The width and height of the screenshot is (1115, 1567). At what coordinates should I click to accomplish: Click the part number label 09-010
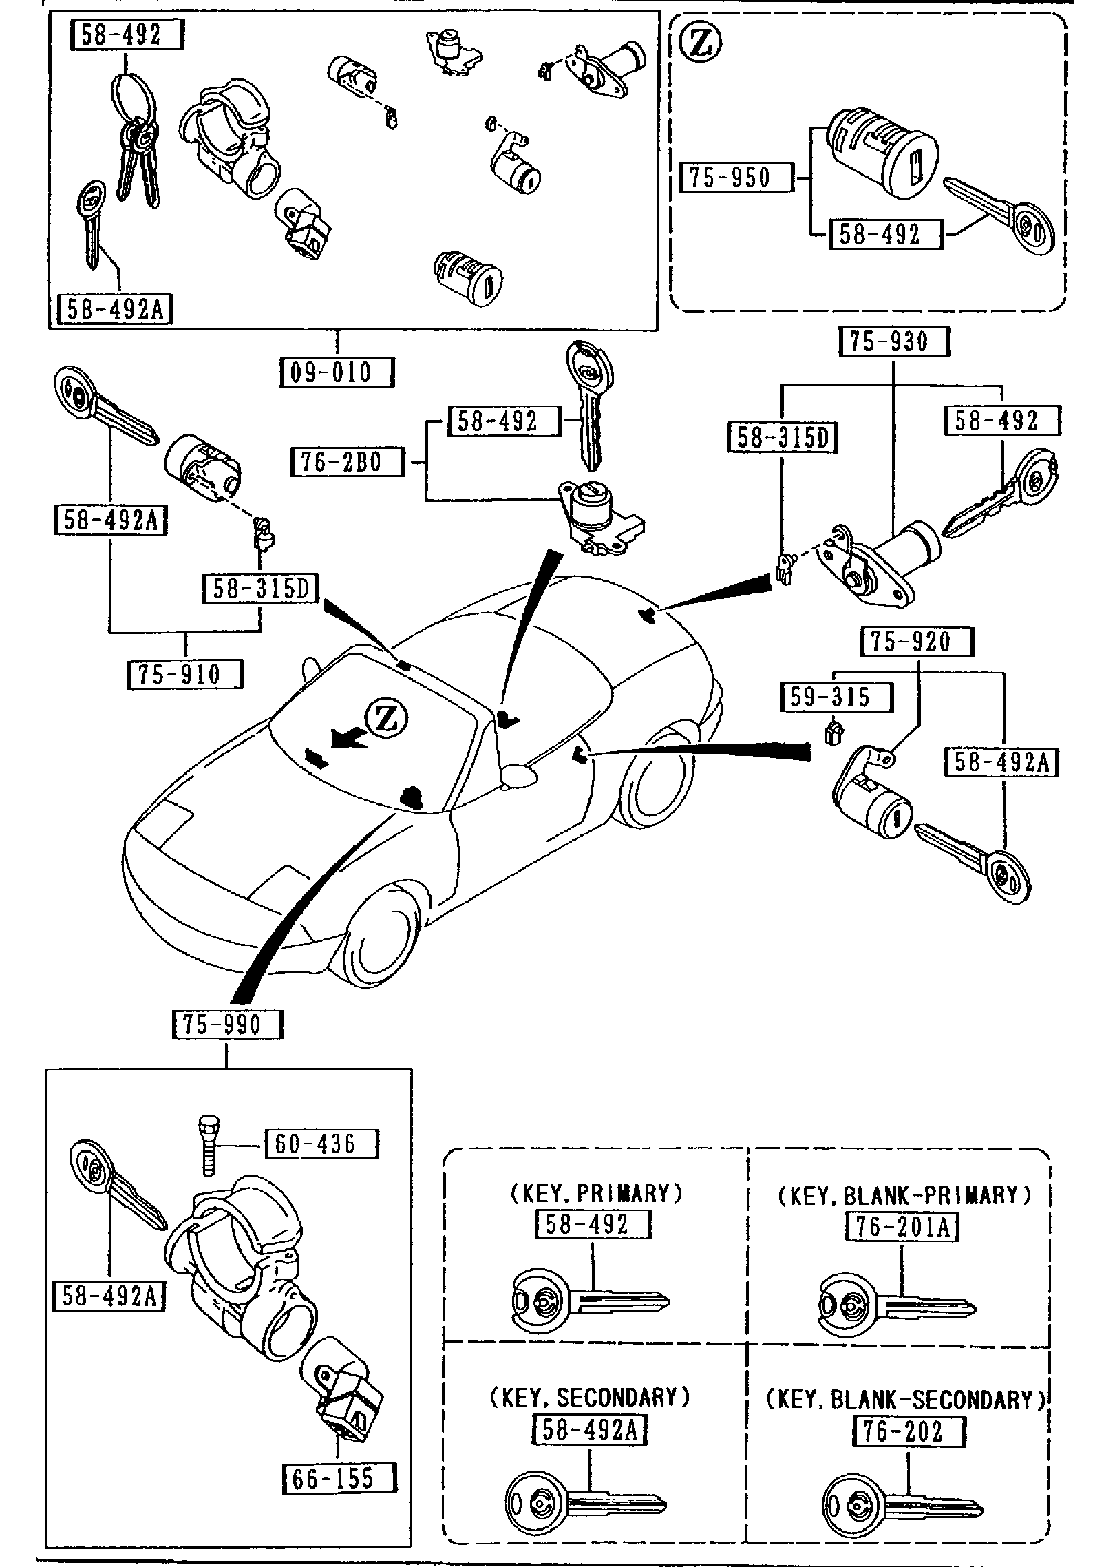(337, 372)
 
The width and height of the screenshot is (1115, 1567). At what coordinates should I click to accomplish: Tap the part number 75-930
(893, 342)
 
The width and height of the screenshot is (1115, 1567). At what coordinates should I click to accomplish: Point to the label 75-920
(916, 642)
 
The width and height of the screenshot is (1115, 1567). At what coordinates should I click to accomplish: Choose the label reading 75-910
(185, 674)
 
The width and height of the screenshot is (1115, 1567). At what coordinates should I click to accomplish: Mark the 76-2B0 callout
(346, 461)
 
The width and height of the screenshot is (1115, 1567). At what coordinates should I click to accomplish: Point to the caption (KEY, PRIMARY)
(596, 1193)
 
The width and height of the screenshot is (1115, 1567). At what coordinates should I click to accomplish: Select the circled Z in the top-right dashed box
(701, 43)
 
